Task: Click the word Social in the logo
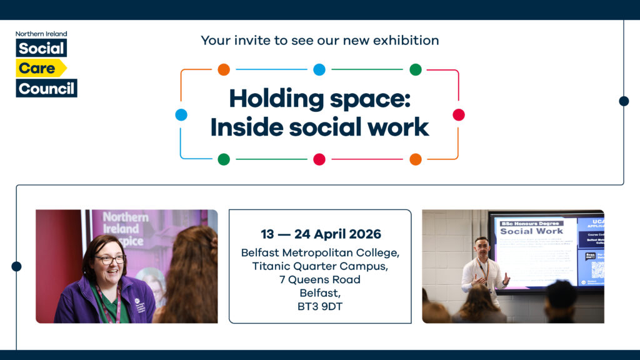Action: pos(41,48)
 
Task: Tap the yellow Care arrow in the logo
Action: pos(41,68)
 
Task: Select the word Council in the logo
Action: pos(46,88)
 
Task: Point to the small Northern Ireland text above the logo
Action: pos(41,34)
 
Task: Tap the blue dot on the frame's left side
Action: pos(181,114)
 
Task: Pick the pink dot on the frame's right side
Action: pos(459,114)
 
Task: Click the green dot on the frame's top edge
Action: pos(416,69)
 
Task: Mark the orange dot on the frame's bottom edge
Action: pos(416,159)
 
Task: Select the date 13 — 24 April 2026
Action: pos(321,234)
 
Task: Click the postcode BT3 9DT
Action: pos(320,306)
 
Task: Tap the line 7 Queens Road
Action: pos(320,279)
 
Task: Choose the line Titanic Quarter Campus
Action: pos(320,266)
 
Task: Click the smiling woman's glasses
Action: pos(110,259)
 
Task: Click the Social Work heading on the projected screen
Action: pos(531,231)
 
